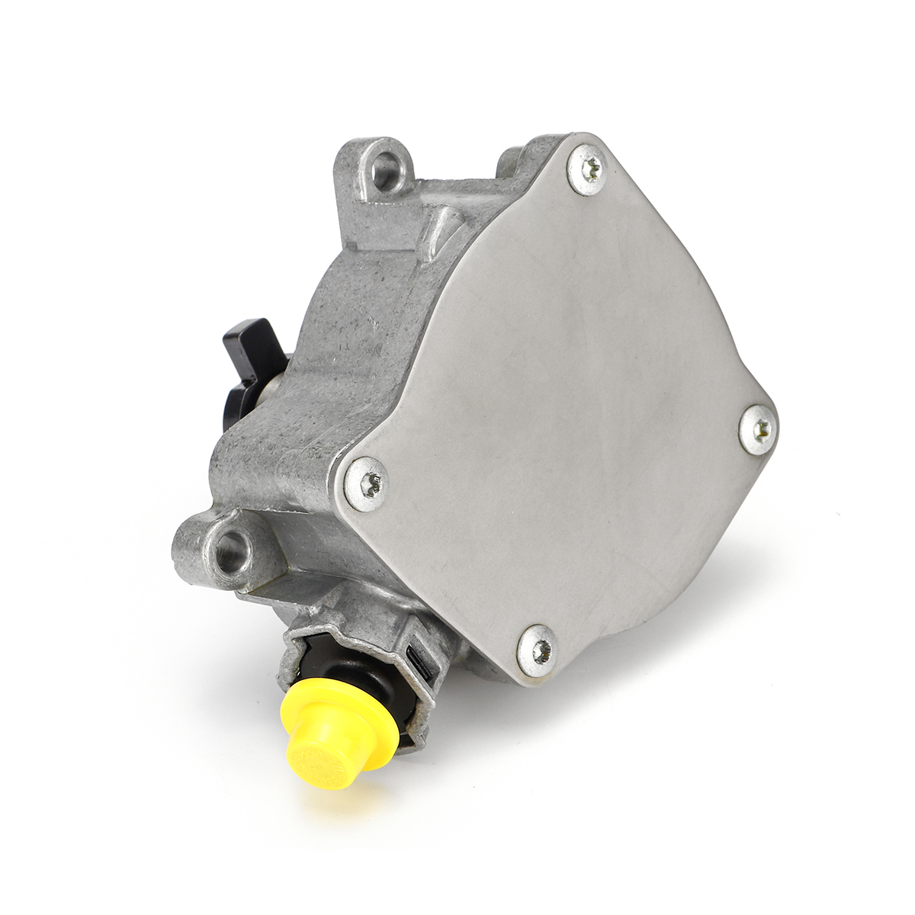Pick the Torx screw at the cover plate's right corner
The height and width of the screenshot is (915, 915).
click(x=759, y=430)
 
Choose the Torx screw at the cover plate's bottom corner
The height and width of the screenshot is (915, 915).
click(x=539, y=650)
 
